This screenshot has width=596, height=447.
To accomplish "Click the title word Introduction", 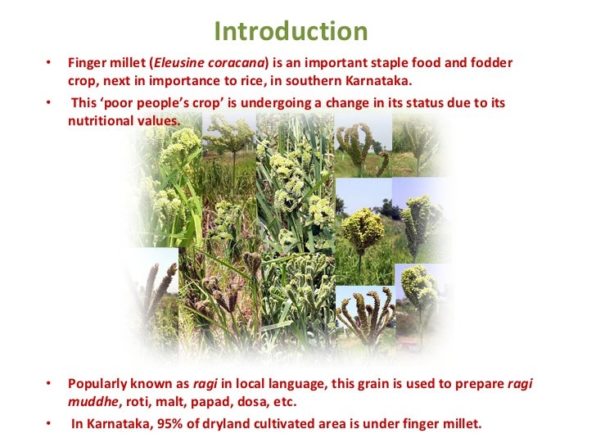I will (291, 31).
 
